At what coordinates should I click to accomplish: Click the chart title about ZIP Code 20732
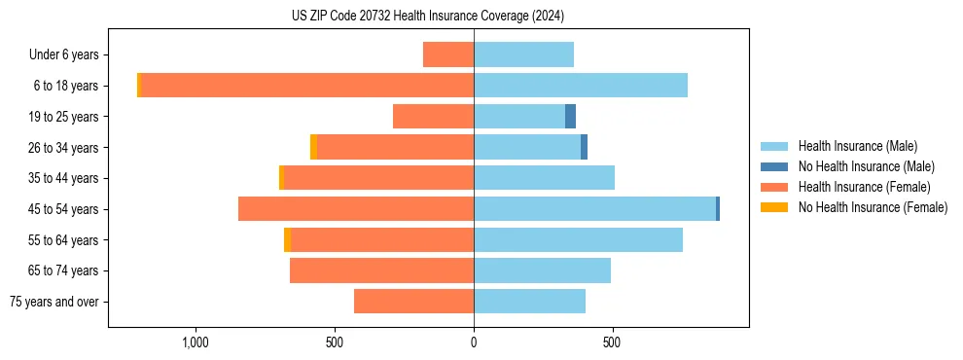(x=428, y=17)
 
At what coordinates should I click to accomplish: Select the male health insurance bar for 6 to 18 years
(x=581, y=86)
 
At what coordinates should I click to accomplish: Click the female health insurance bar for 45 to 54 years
(x=356, y=209)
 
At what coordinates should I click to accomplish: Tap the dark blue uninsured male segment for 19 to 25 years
(x=571, y=117)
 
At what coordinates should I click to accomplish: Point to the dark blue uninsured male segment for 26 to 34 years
(x=584, y=147)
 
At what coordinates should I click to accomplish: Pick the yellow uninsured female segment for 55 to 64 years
(x=287, y=240)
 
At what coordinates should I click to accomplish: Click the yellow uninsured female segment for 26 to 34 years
(x=313, y=147)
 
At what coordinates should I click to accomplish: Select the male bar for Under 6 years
(x=523, y=54)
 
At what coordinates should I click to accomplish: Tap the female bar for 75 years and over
(x=413, y=302)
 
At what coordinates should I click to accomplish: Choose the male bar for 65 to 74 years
(x=542, y=270)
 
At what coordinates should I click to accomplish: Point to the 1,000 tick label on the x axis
(x=196, y=342)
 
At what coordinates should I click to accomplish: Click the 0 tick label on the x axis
(x=474, y=342)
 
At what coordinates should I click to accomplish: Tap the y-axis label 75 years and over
(x=54, y=302)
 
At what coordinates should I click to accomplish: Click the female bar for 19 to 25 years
(x=433, y=117)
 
